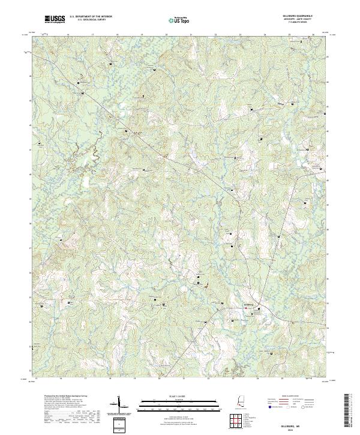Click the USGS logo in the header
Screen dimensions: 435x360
(x=55, y=19)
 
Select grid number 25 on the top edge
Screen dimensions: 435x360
(x=289, y=35)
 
